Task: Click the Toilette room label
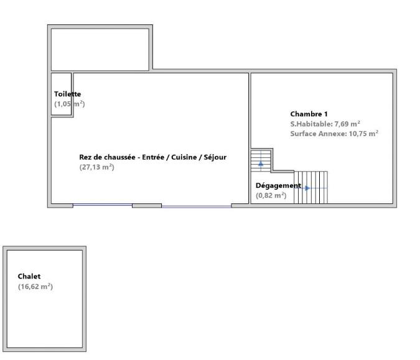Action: (68, 94)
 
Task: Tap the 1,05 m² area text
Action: (69, 104)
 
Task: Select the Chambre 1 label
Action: (309, 114)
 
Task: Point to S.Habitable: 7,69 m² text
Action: (325, 124)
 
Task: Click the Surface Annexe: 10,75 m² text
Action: (334, 133)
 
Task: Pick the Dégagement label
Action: (278, 185)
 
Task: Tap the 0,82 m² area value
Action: (271, 195)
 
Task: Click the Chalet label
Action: (29, 276)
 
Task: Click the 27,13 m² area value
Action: (96, 167)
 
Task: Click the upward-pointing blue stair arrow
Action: (260, 164)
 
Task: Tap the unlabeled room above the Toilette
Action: (100, 49)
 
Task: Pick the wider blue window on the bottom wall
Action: (196, 205)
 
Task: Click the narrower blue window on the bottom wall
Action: (102, 205)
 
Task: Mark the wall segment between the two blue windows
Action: (147, 205)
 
